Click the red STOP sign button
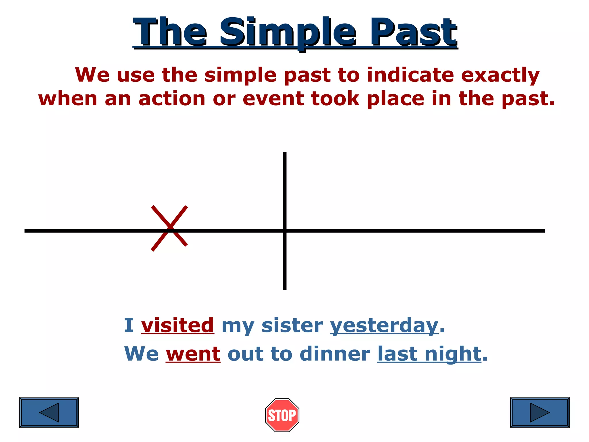pyautogui.click(x=282, y=415)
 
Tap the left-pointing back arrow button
pyautogui.click(x=49, y=412)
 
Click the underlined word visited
pyautogui.click(x=177, y=325)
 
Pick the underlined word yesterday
pyautogui.click(x=384, y=326)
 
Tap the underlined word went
pyautogui.click(x=193, y=354)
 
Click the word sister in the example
pyautogui.click(x=292, y=325)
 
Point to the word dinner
pyautogui.click(x=335, y=354)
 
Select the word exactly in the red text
pyautogui.click(x=500, y=75)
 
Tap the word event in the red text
pyautogui.click(x=273, y=98)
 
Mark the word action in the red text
pyautogui.click(x=172, y=98)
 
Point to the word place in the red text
pyautogui.click(x=395, y=99)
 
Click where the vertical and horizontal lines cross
pyautogui.click(x=285, y=230)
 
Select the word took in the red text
pyautogui.click(x=335, y=98)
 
